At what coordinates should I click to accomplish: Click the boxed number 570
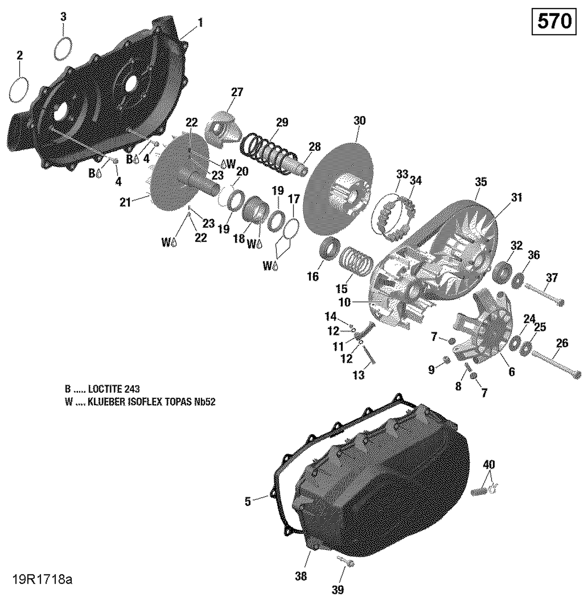pos(554,22)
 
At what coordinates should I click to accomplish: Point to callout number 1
pos(200,23)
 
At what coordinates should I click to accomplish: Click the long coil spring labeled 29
pos(267,148)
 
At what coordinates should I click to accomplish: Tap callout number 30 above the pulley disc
pos(359,121)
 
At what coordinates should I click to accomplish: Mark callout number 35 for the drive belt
pos(481,182)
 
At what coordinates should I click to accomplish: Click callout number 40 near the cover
pos(488,465)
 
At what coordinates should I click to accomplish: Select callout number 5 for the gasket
pos(247,501)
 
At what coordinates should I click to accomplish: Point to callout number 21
pos(125,202)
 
